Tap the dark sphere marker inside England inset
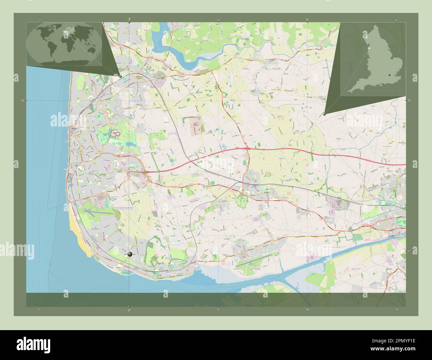(390, 75)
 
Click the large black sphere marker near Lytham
(130, 254)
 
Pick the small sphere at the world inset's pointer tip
(120, 76)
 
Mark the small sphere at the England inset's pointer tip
(324, 114)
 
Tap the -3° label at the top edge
(129, 19)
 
